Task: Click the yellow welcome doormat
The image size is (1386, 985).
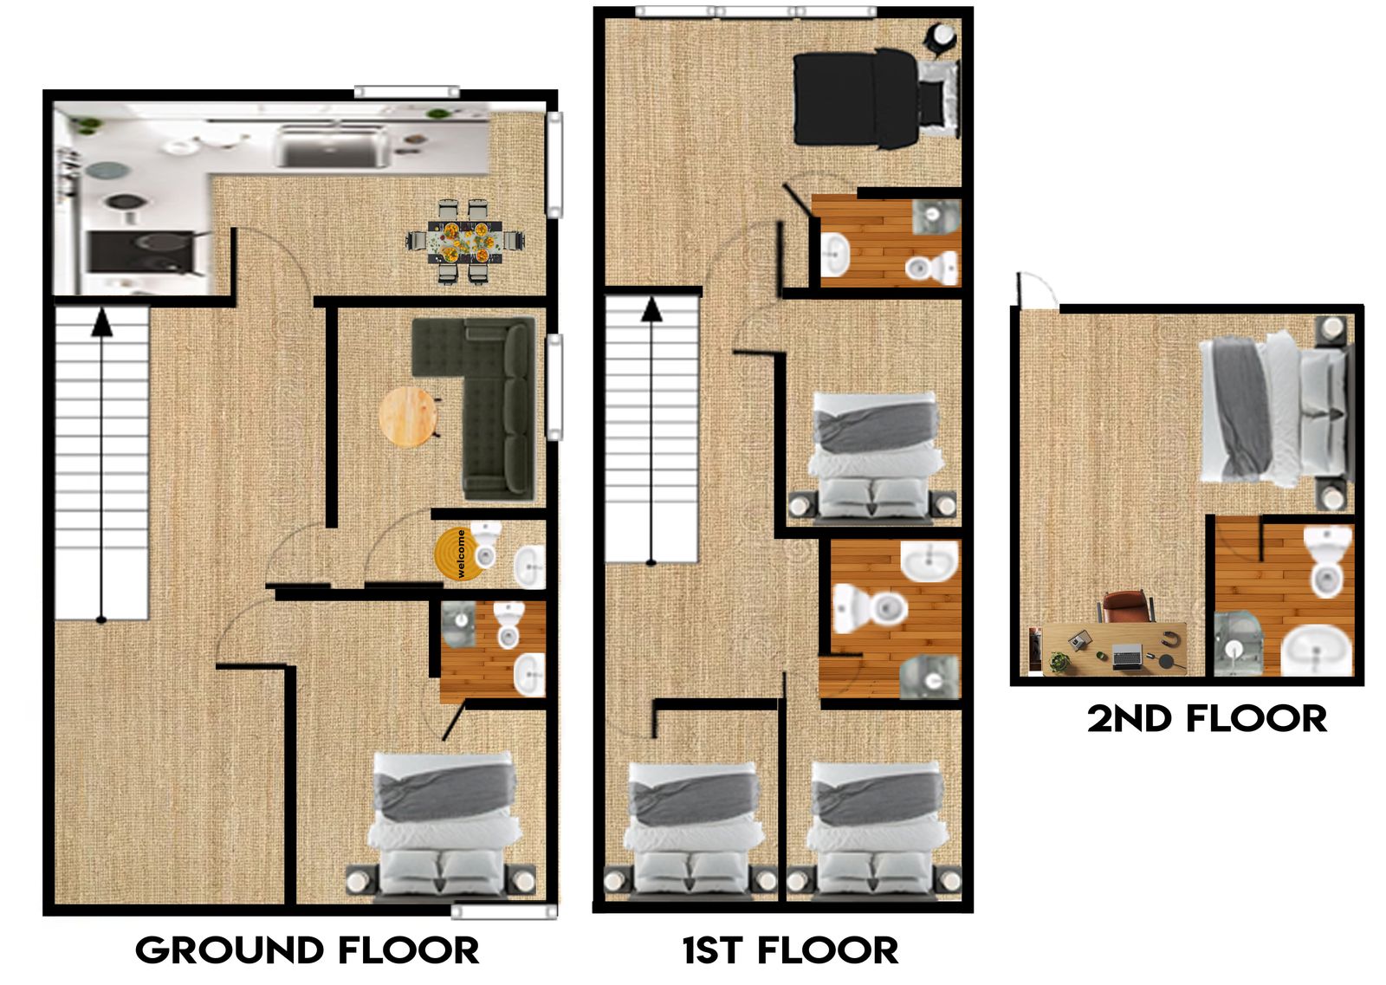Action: [458, 554]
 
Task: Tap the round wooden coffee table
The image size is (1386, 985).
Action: [408, 417]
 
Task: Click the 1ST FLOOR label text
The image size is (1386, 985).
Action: [790, 950]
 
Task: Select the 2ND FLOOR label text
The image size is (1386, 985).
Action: [1207, 719]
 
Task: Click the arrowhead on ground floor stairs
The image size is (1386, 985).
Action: [101, 322]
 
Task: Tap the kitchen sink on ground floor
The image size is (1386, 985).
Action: [333, 146]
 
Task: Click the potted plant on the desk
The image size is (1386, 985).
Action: [1059, 661]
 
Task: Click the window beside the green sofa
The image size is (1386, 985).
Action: [555, 387]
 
